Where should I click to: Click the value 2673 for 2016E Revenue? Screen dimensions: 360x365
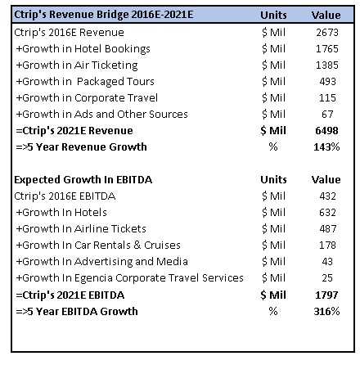click(x=327, y=33)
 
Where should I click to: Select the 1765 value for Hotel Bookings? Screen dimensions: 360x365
click(x=327, y=49)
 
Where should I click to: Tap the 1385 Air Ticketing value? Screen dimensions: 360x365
click(x=327, y=65)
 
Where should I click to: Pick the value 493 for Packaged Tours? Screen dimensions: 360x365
click(x=327, y=82)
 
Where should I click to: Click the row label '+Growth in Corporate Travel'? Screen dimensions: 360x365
click(x=87, y=98)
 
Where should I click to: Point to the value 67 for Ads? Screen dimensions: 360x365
click(x=327, y=115)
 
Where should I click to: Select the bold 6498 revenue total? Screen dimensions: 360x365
click(x=326, y=131)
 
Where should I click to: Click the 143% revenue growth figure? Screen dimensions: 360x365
click(x=326, y=147)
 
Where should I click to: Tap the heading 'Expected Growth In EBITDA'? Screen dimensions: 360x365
click(x=83, y=180)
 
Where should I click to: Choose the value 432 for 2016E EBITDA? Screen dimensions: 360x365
click(x=327, y=196)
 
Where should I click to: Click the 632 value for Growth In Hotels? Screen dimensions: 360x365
click(x=327, y=213)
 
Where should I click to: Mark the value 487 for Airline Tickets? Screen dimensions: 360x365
click(x=327, y=229)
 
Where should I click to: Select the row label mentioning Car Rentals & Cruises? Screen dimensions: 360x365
click(x=98, y=246)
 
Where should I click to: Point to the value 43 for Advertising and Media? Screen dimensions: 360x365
click(x=327, y=262)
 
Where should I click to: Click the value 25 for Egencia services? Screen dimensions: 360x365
click(x=327, y=278)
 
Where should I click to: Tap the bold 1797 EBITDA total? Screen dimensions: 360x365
click(x=326, y=295)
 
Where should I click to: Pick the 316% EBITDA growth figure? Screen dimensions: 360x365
click(x=326, y=311)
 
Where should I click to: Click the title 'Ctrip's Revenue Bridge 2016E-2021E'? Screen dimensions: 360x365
click(x=104, y=15)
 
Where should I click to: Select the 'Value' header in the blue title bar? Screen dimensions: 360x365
click(x=326, y=15)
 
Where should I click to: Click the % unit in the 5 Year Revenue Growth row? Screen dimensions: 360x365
click(x=273, y=147)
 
